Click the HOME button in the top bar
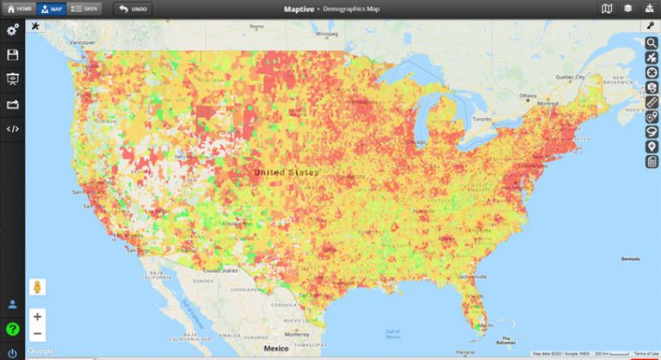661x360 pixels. click(20, 9)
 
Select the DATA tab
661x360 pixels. click(83, 9)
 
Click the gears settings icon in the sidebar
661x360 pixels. click(12, 31)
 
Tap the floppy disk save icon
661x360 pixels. click(12, 55)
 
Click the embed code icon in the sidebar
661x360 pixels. click(12, 128)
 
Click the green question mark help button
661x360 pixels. click(12, 328)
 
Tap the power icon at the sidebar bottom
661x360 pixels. click(12, 351)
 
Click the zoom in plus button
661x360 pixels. click(38, 317)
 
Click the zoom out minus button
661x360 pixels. click(38, 333)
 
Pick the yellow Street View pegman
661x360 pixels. click(38, 287)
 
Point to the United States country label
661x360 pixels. click(286, 172)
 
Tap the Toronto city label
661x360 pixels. click(482, 119)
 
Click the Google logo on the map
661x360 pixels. click(40, 351)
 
